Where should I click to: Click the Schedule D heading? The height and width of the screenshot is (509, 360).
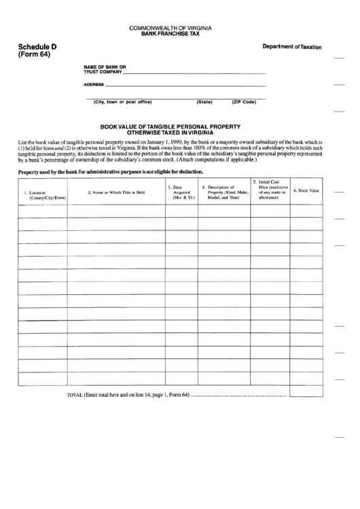pyautogui.click(x=28, y=46)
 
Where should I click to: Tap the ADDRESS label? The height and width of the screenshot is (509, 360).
pyautogui.click(x=94, y=85)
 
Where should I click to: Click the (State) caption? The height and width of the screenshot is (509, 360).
pyautogui.click(x=204, y=102)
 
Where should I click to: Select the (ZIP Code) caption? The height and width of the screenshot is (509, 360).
pyautogui.click(x=244, y=102)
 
